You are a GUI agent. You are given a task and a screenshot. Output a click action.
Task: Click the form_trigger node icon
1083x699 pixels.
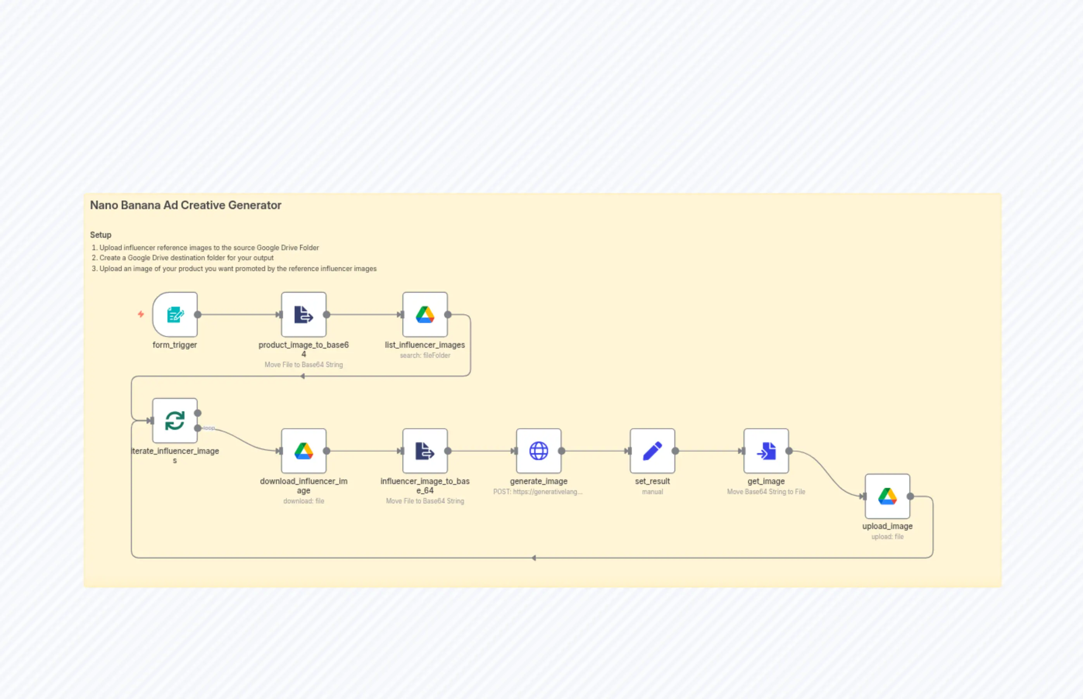(175, 314)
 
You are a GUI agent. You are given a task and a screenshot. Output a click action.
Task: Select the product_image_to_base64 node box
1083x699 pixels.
(304, 314)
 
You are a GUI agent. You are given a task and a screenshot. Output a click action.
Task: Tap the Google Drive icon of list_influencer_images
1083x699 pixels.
(425, 314)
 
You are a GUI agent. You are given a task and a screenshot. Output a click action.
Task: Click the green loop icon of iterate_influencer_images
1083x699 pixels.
(175, 420)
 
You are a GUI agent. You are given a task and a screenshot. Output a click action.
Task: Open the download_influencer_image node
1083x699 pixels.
(304, 451)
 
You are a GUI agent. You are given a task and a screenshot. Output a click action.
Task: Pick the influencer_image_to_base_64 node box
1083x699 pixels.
(425, 451)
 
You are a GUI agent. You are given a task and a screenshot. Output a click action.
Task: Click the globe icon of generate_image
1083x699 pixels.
(538, 451)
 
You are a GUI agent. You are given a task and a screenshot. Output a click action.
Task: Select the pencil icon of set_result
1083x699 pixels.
(652, 451)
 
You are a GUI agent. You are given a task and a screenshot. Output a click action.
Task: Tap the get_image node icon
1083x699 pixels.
(766, 451)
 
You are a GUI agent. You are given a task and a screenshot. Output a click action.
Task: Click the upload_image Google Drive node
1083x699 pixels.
(887, 496)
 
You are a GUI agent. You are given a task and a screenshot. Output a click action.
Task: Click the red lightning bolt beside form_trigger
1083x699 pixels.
(141, 314)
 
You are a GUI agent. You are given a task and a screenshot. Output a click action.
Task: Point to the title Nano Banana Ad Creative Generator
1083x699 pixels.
(185, 205)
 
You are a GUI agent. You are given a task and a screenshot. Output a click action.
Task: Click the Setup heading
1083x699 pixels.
(100, 235)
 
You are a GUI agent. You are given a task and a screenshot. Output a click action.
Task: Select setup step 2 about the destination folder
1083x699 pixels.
(186, 258)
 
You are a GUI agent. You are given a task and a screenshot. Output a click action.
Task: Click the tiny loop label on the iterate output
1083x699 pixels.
(209, 428)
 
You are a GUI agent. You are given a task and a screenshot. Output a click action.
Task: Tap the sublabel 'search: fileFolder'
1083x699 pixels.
(425, 356)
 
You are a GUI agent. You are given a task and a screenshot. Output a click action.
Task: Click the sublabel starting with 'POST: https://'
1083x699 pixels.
(538, 491)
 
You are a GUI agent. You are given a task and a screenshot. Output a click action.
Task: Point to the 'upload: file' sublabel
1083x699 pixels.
(887, 536)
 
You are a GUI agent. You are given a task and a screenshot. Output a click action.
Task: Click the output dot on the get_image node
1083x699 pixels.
(789, 451)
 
